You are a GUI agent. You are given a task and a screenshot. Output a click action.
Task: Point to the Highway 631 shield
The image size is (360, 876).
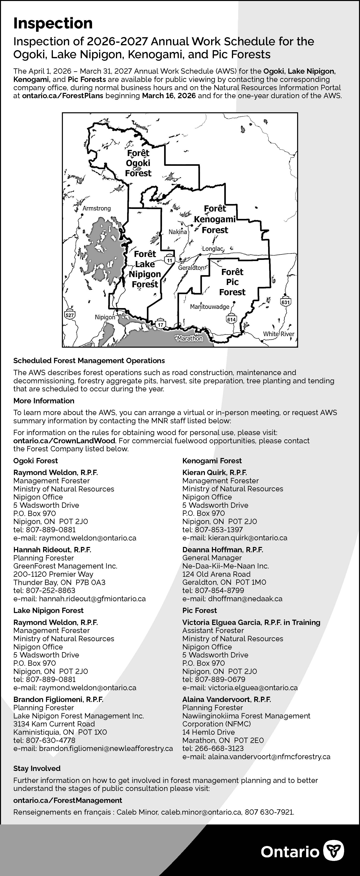[x=286, y=302]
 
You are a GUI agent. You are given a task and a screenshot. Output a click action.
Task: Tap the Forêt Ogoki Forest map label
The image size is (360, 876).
[x=138, y=163]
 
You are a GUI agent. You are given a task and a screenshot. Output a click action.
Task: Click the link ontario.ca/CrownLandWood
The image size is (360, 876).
[x=64, y=441]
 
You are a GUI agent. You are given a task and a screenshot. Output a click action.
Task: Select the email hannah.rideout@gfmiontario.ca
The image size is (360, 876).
[x=92, y=599]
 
